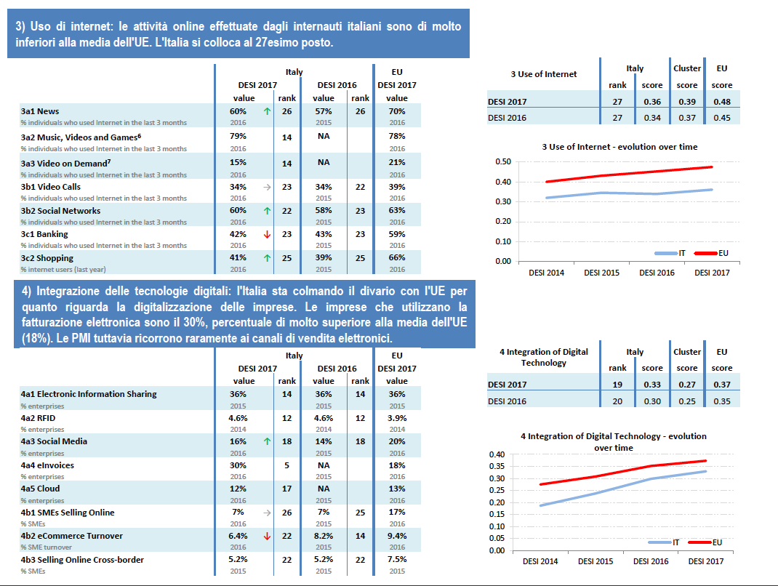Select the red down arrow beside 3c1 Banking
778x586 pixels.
(267, 234)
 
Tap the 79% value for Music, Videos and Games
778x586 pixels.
(238, 137)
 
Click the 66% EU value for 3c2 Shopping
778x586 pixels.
(397, 257)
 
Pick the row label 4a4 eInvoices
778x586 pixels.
(47, 465)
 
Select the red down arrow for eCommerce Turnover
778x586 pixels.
(267, 536)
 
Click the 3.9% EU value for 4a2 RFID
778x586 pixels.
(397, 418)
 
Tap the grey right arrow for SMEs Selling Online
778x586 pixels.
(267, 513)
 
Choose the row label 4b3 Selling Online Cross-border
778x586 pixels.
(82, 559)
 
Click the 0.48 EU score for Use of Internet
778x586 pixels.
(722, 102)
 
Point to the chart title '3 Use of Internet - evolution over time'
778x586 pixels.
(619, 147)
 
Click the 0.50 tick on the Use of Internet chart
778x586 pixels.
(502, 161)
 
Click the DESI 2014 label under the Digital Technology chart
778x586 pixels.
(540, 561)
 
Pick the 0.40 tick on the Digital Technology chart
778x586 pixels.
(497, 454)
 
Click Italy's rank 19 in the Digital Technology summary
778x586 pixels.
(617, 384)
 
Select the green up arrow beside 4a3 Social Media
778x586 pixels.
(267, 441)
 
